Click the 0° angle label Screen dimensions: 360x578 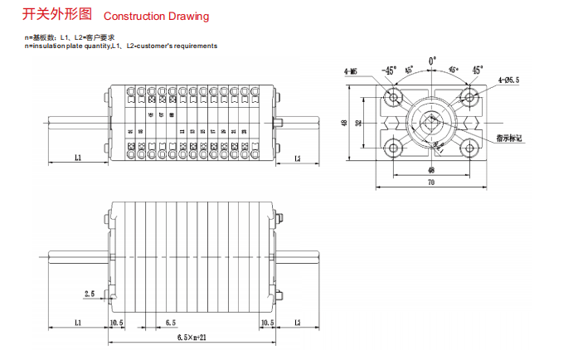click(432, 61)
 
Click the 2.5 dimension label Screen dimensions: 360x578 click(90, 293)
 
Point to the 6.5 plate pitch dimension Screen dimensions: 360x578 click(170, 321)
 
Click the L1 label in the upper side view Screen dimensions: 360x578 click(77, 156)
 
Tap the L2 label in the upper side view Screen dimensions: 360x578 click(297, 156)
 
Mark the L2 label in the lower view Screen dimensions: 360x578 click(297, 321)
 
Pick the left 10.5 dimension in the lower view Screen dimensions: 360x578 click(116, 321)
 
